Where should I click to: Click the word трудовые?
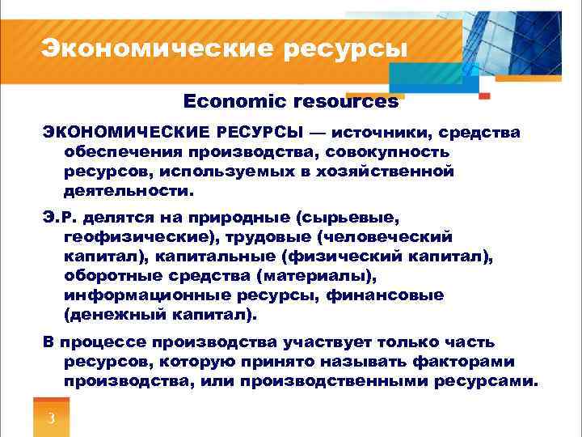tap(273, 237)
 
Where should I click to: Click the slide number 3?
tap(51, 418)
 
